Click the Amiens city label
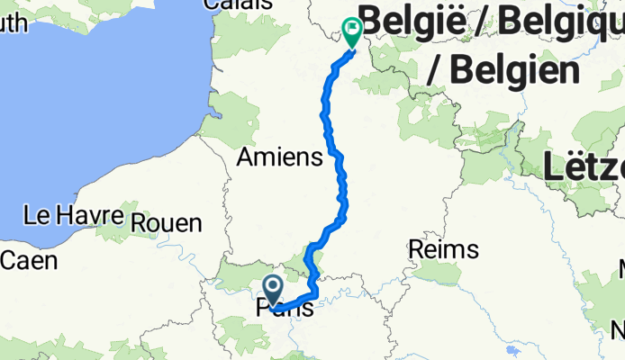click(x=278, y=158)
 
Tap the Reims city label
click(x=443, y=248)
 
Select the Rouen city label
click(x=168, y=222)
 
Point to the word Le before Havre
click(x=36, y=216)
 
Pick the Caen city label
click(x=29, y=261)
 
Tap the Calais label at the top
click(x=239, y=4)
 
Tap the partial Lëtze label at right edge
click(x=585, y=166)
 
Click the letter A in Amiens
click(x=245, y=158)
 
